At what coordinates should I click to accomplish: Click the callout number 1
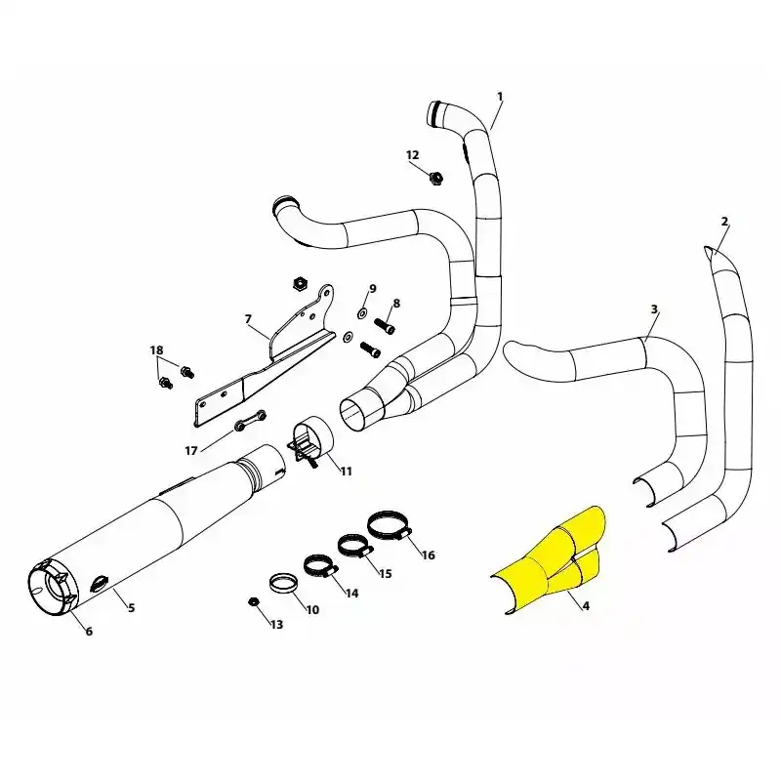(x=500, y=97)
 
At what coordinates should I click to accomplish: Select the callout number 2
(x=724, y=222)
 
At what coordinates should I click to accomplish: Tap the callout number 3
(x=654, y=309)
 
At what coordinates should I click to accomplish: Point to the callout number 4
(x=586, y=606)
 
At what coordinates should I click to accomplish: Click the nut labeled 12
(x=436, y=178)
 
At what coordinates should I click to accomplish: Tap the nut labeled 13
(x=253, y=601)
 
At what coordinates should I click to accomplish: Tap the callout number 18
(x=157, y=350)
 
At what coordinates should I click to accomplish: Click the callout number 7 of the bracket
(x=248, y=319)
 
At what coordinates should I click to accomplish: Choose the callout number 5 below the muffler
(x=131, y=607)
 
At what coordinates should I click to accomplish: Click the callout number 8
(x=396, y=304)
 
